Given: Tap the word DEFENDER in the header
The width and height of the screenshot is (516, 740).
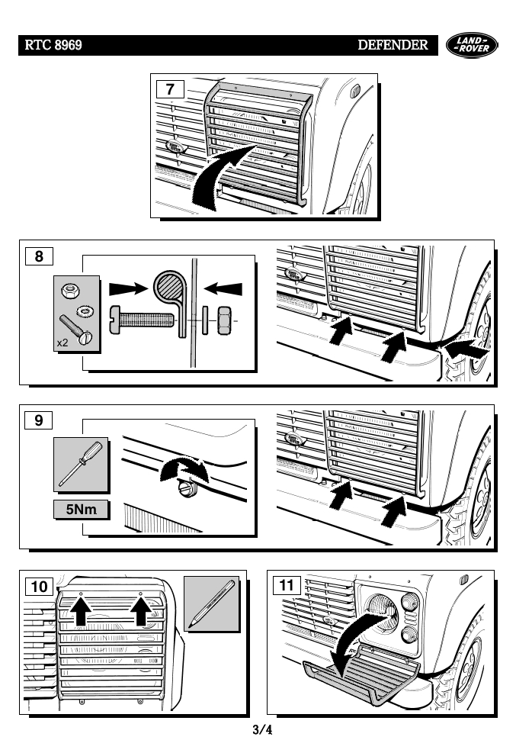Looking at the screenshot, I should tap(393, 46).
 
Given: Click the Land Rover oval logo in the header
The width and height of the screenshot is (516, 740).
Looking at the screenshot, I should tap(472, 46).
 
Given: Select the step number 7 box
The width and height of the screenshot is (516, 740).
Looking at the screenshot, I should tap(170, 89).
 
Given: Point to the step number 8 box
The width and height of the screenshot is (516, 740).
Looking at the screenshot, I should tap(39, 256).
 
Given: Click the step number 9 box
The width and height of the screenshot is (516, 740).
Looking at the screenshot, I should tap(39, 420).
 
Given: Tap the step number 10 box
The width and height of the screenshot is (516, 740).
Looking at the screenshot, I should tap(40, 586).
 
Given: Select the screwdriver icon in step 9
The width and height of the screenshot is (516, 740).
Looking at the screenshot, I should tap(81, 464).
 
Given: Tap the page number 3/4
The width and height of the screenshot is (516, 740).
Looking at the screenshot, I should tap(261, 729).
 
